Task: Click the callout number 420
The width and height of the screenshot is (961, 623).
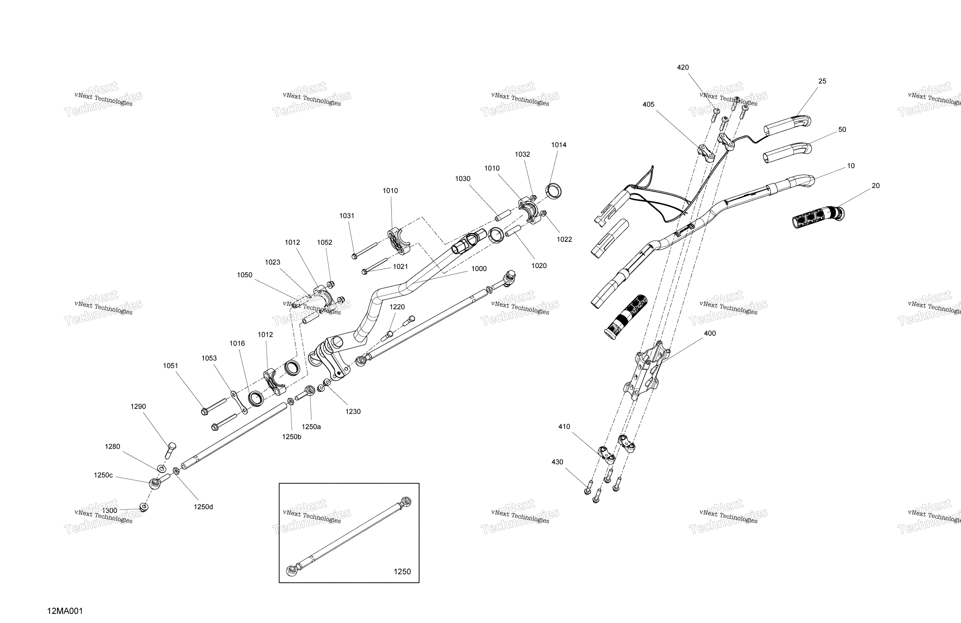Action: point(683,68)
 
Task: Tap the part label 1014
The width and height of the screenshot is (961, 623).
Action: point(559,145)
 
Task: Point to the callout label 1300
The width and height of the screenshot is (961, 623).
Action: point(110,510)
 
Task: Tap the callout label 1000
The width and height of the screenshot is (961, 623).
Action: point(479,269)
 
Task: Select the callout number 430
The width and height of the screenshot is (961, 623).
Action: point(557,462)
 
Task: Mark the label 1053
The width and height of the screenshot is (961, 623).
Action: point(209,358)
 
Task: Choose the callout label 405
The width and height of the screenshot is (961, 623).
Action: point(649,105)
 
